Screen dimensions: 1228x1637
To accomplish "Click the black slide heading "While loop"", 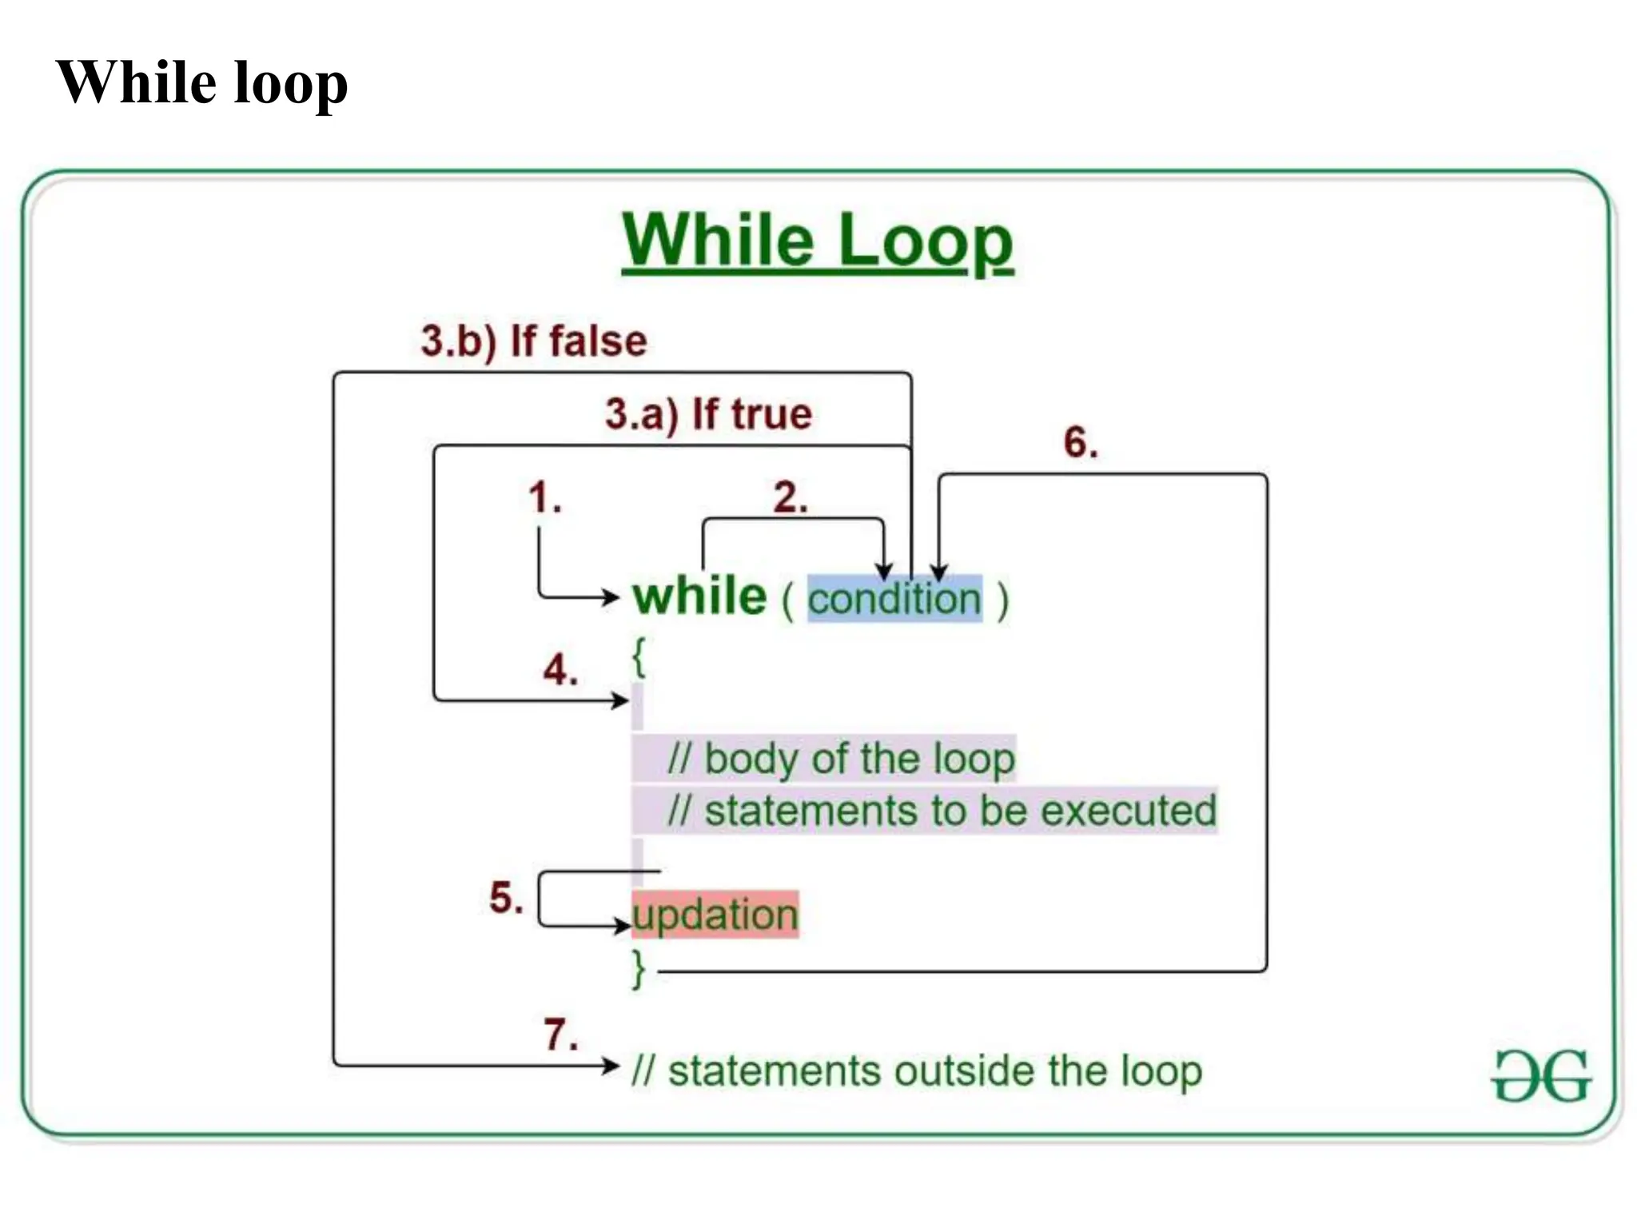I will tap(201, 82).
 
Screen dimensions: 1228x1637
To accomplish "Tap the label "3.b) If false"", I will tap(534, 341).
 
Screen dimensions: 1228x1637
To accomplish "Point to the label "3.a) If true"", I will tap(708, 414).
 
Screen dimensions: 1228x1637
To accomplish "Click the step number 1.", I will tap(545, 497).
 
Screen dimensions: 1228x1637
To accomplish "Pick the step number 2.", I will tap(790, 497).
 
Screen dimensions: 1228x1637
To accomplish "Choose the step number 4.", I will tap(560, 669).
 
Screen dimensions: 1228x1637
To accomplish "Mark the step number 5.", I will tap(506, 897).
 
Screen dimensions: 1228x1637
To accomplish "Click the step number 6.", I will tap(1081, 442).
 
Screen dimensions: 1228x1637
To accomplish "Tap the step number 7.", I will tap(560, 1035).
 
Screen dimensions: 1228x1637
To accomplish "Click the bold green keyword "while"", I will tap(699, 597).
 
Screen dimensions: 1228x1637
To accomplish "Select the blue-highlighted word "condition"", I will tap(894, 599).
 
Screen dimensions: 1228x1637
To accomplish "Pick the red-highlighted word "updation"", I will tap(715, 915).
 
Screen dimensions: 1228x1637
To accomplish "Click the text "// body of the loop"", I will tap(841, 759).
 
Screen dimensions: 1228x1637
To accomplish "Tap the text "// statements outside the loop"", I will tap(917, 1071).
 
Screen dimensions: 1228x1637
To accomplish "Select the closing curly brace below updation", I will tap(639, 969).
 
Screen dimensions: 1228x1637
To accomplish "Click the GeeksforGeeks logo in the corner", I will tap(1541, 1076).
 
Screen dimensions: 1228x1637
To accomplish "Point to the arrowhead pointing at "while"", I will tap(612, 596).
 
